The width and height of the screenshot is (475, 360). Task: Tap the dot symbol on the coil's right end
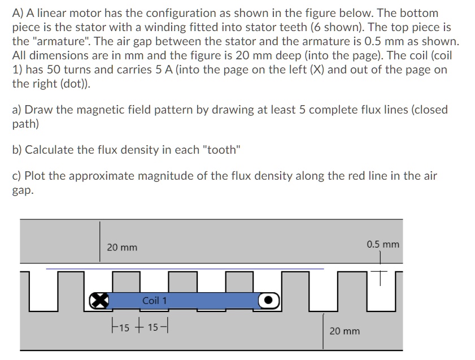tap(269, 300)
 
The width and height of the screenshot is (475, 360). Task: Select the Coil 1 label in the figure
tap(154, 300)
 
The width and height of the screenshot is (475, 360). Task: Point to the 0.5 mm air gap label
tap(382, 244)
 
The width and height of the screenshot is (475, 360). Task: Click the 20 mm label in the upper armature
tap(122, 248)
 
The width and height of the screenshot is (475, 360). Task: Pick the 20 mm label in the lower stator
tap(345, 331)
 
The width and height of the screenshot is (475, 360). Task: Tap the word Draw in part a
tap(38, 109)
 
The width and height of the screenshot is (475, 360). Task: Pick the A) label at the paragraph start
tap(18, 13)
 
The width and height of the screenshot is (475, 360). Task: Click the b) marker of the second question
tap(18, 150)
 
